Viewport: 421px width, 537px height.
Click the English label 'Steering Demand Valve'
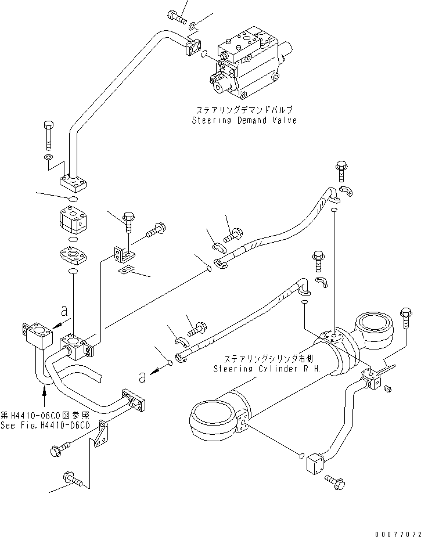(244, 120)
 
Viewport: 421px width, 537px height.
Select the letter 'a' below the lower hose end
(142, 377)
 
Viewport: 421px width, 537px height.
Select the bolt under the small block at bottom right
(335, 481)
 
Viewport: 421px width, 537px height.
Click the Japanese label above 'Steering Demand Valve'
(244, 109)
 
